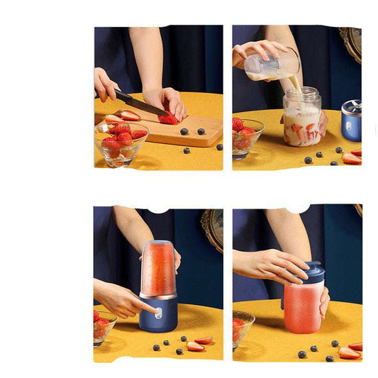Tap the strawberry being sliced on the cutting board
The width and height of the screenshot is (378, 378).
[169, 118]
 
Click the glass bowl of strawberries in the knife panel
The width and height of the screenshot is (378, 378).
[121, 142]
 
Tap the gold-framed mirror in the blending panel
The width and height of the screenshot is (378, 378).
[211, 228]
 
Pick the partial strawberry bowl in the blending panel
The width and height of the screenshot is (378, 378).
[104, 327]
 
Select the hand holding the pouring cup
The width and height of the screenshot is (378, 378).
[255, 51]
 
